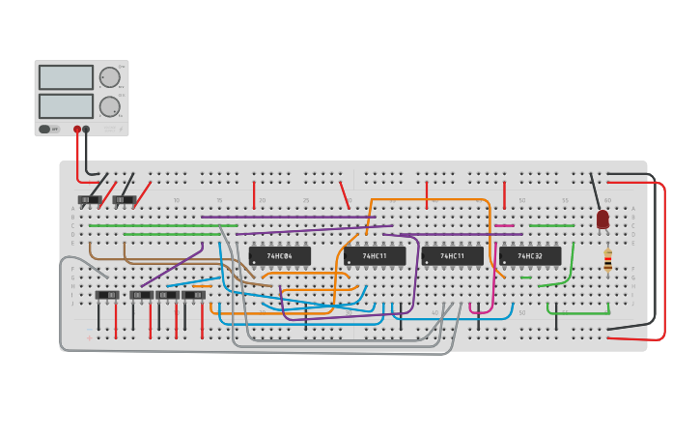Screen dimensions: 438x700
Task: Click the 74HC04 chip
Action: (280, 256)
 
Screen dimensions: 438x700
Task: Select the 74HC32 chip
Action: (530, 256)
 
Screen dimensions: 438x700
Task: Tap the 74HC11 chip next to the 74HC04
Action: (375, 256)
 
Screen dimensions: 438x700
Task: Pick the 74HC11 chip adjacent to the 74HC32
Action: (452, 256)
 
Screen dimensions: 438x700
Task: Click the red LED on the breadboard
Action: (602, 219)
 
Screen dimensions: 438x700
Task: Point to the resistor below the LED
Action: (607, 260)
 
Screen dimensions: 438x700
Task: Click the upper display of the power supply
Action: (66, 77)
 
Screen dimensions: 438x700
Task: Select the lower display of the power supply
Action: (66, 105)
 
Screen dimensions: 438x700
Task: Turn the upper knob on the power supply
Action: (110, 77)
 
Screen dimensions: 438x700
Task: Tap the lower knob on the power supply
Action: (110, 106)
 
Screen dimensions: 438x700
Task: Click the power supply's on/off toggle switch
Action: (45, 129)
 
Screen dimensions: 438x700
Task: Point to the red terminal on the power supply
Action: (77, 129)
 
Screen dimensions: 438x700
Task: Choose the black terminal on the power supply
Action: (86, 129)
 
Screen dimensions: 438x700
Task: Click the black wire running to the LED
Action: (595, 190)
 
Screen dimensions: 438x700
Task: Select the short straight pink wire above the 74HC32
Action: (504, 226)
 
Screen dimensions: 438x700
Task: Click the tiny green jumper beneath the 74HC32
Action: (525, 278)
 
